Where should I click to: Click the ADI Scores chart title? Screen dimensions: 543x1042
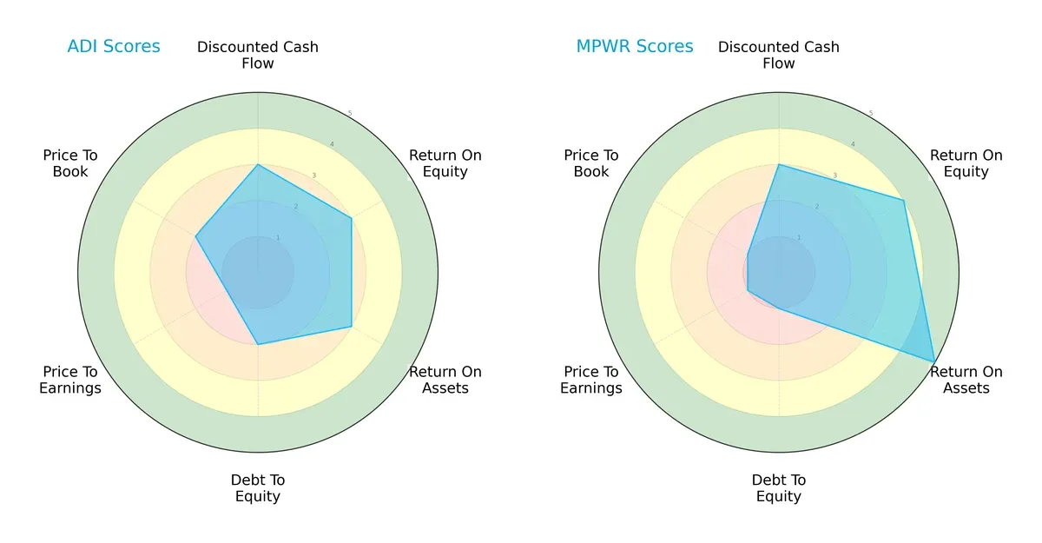114,47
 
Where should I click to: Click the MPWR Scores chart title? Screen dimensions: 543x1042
635,47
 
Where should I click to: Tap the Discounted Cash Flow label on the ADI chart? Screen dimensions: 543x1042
258,55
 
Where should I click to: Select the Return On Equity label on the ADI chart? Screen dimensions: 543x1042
445,163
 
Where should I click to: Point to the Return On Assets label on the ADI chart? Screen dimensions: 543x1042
445,380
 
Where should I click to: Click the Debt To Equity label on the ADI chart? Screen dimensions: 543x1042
258,488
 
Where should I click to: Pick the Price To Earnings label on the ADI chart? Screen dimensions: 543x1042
70,380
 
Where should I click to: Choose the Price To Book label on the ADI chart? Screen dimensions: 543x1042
70,163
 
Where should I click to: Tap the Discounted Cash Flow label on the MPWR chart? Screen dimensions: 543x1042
779,55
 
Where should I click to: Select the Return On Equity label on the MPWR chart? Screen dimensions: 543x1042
966,163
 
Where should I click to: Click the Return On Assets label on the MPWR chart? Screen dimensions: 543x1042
966,380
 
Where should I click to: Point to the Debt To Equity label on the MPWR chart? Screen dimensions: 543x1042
779,488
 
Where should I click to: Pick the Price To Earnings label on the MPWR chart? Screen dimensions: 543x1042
591,380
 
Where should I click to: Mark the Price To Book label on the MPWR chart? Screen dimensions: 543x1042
591,163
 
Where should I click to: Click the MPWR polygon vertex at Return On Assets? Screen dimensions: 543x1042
934,361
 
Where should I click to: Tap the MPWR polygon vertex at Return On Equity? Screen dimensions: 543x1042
904,201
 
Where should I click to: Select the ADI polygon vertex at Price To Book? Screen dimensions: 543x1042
196,236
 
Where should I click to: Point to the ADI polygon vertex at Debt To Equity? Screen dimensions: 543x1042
258,344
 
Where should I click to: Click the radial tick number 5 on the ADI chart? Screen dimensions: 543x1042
350,114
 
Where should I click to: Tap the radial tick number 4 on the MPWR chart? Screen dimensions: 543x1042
853,144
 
